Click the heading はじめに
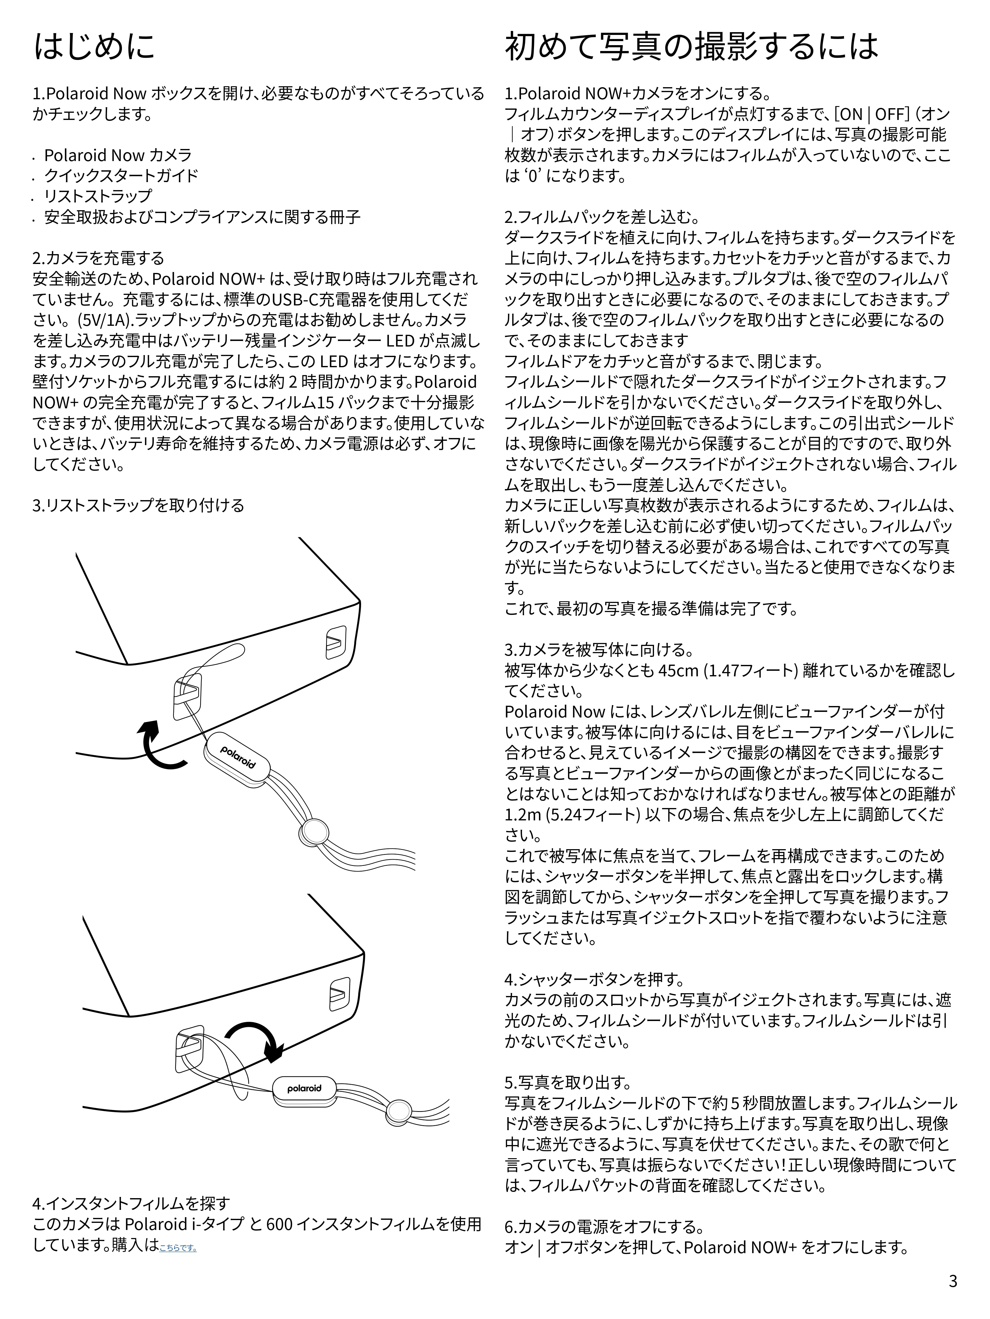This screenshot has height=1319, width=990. (94, 46)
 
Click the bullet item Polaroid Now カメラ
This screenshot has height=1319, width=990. (118, 155)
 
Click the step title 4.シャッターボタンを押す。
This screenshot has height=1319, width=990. (594, 979)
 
